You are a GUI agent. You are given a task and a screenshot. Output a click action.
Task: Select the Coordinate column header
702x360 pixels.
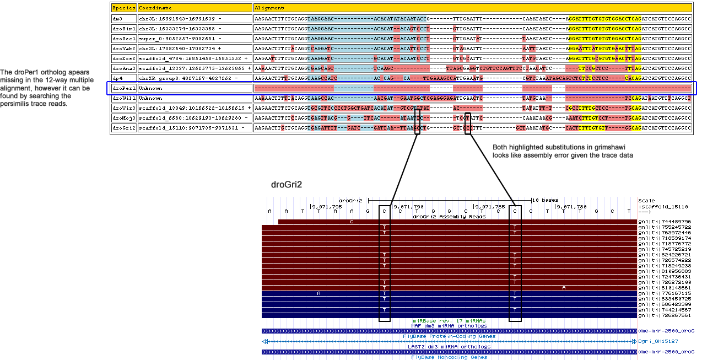click(x=155, y=8)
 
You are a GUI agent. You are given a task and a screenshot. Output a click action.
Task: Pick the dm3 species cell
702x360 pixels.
click(x=118, y=18)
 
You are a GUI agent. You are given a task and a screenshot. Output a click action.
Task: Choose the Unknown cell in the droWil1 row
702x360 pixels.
click(x=150, y=98)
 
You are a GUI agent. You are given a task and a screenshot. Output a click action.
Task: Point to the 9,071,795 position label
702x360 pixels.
click(x=328, y=207)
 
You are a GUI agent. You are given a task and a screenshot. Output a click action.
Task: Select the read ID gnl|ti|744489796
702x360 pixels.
click(x=665, y=221)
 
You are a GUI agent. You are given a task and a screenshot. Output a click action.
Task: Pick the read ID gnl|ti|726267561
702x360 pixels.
click(x=665, y=316)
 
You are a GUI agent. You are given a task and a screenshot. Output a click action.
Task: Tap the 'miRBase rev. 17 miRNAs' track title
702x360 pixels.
click(x=449, y=320)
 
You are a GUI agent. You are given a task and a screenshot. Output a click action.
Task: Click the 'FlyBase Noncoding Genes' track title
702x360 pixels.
click(x=449, y=357)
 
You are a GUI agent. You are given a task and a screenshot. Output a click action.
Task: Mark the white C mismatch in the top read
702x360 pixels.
click(x=352, y=222)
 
